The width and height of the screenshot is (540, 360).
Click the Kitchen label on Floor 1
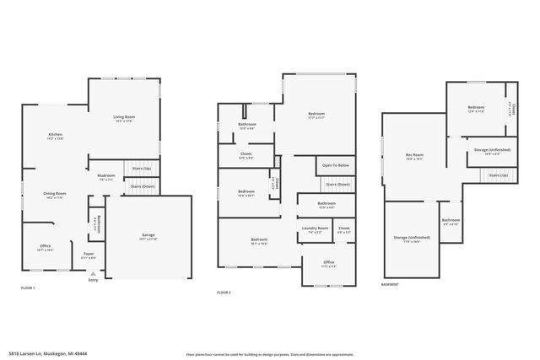tap(54, 135)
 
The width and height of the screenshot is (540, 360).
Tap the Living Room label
tap(124, 117)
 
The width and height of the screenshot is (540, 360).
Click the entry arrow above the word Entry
tap(93, 273)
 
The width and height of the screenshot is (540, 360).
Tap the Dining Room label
tap(55, 195)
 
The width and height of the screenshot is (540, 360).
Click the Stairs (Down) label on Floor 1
tap(140, 186)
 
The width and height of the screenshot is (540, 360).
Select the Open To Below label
tap(335, 166)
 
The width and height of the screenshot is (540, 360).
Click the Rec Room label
tap(414, 156)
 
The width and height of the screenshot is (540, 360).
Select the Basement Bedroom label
tap(476, 109)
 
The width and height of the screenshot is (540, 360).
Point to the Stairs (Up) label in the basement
tap(499, 175)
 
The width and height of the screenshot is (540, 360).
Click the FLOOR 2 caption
tap(224, 292)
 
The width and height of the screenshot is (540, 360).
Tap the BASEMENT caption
tap(390, 284)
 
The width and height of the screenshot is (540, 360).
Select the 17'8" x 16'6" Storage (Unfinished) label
tap(412, 239)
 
